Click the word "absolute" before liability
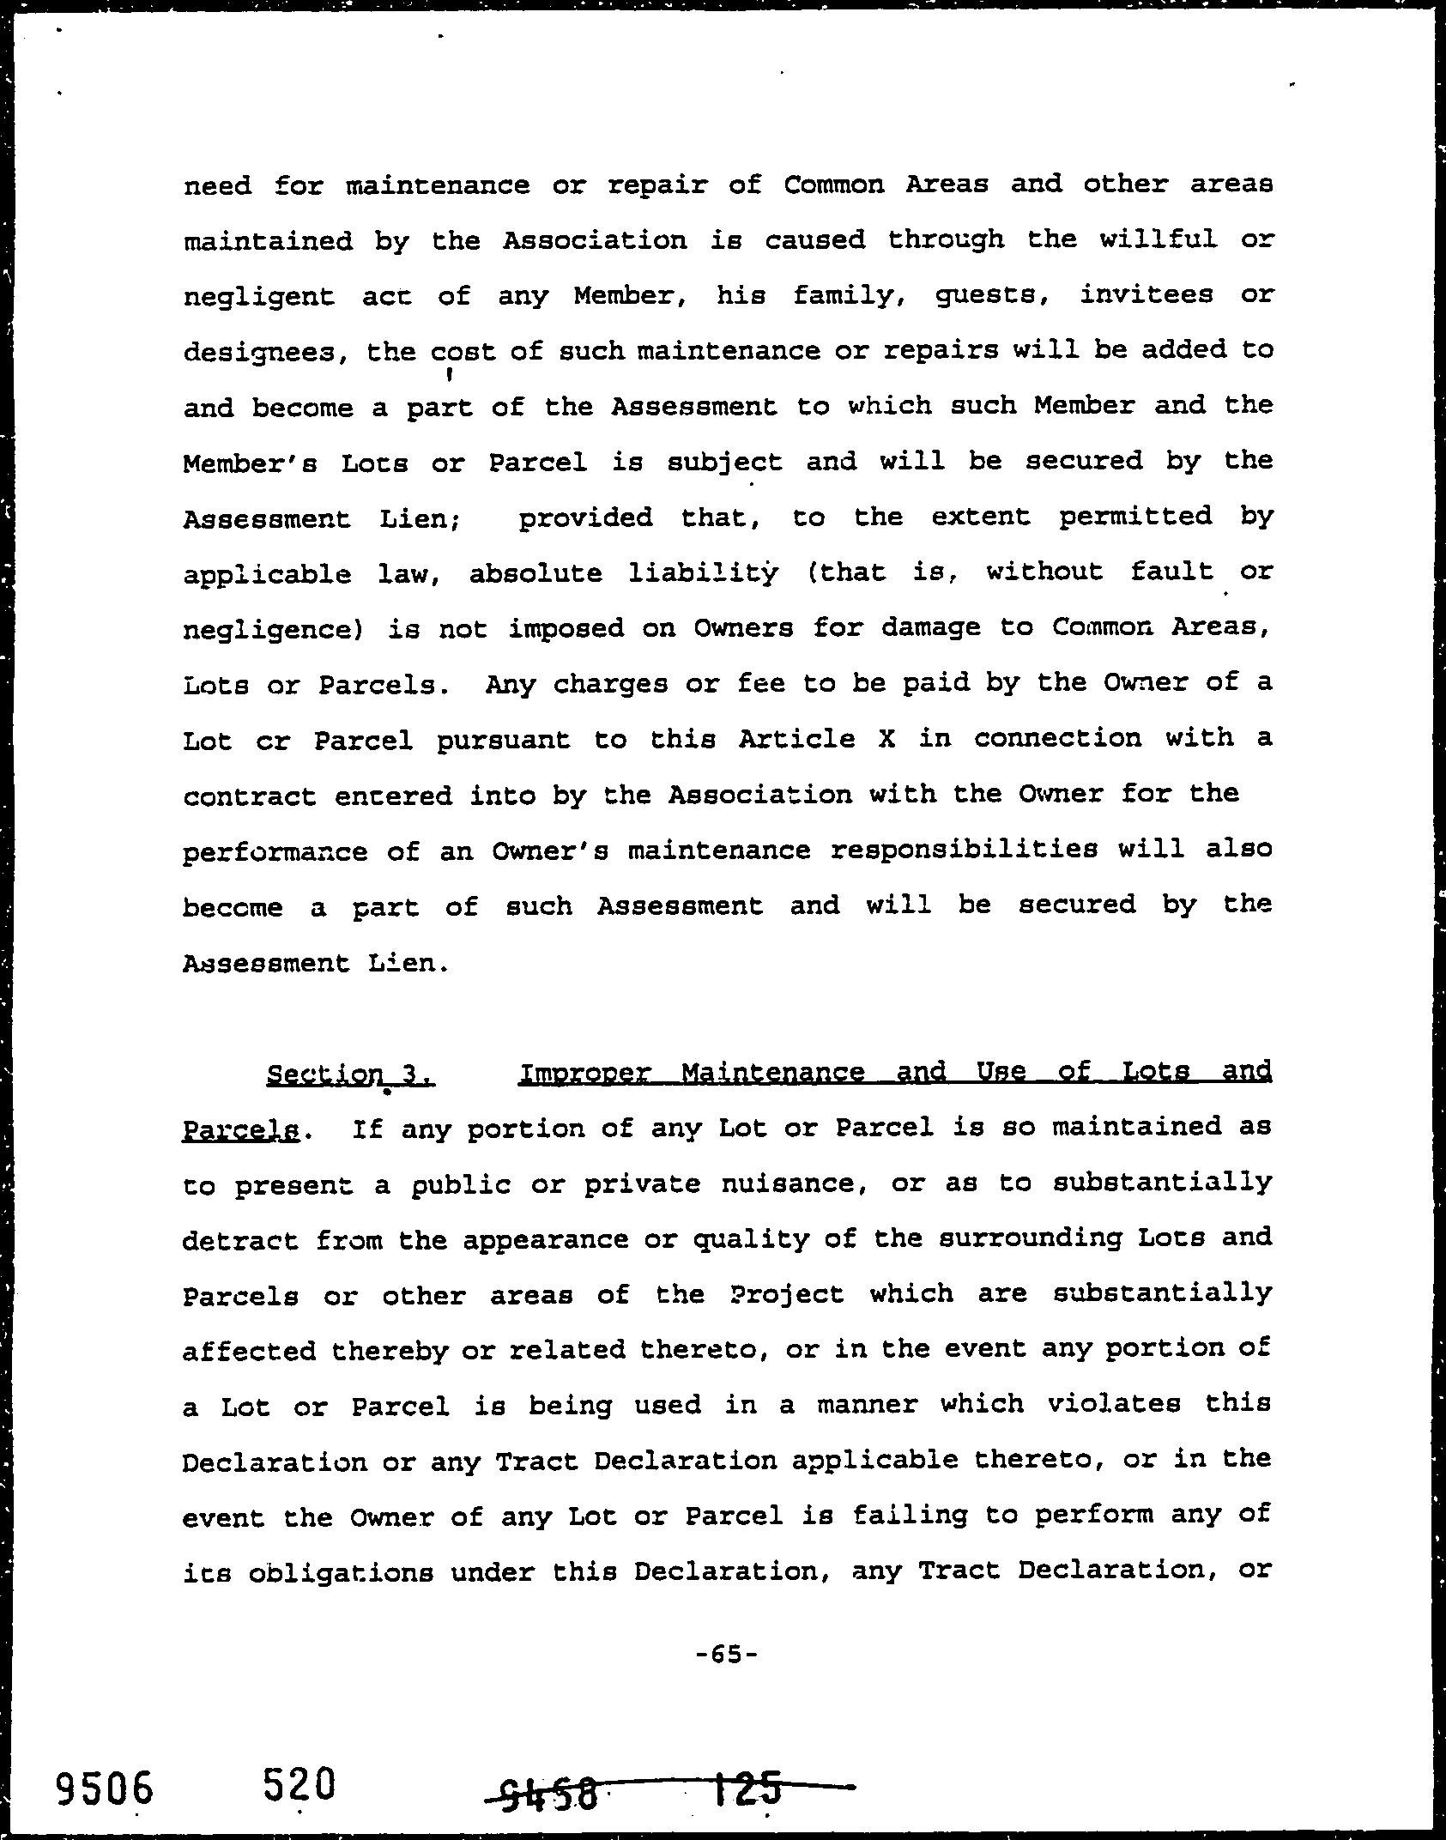tap(535, 573)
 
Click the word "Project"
tap(789, 1295)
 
